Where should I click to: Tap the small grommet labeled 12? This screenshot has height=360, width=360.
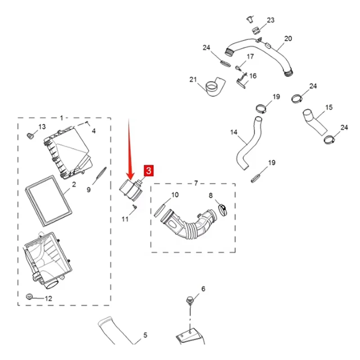click(30, 297)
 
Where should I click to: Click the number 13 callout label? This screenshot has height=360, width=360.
click(42, 127)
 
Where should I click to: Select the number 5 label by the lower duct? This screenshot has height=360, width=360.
click(145, 335)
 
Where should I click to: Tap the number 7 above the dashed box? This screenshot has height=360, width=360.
click(196, 183)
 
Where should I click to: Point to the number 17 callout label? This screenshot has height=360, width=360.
click(250, 57)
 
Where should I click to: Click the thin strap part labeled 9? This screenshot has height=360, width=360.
click(101, 174)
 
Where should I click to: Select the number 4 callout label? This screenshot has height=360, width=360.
click(94, 131)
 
